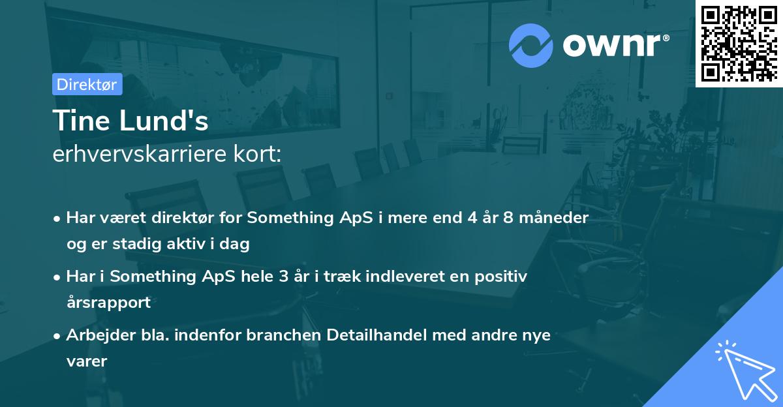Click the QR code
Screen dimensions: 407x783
coord(738,44)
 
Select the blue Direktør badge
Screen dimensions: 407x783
coord(87,84)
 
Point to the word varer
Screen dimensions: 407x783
coord(86,361)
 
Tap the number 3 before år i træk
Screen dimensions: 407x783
coord(283,277)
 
